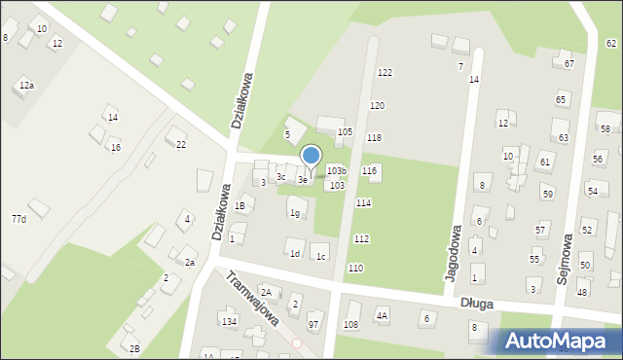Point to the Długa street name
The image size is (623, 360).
477,304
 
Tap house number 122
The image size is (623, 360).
385,73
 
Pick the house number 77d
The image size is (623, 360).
18,219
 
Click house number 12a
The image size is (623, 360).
26,87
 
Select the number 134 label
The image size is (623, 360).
229,321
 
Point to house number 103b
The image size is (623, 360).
336,171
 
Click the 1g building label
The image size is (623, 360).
295,213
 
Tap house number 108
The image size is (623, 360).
351,324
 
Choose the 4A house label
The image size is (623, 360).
383,315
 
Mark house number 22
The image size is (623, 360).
181,144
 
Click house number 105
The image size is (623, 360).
344,131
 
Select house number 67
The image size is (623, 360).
568,64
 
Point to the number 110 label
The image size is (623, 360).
355,268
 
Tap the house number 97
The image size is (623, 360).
313,324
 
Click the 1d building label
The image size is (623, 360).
294,254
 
